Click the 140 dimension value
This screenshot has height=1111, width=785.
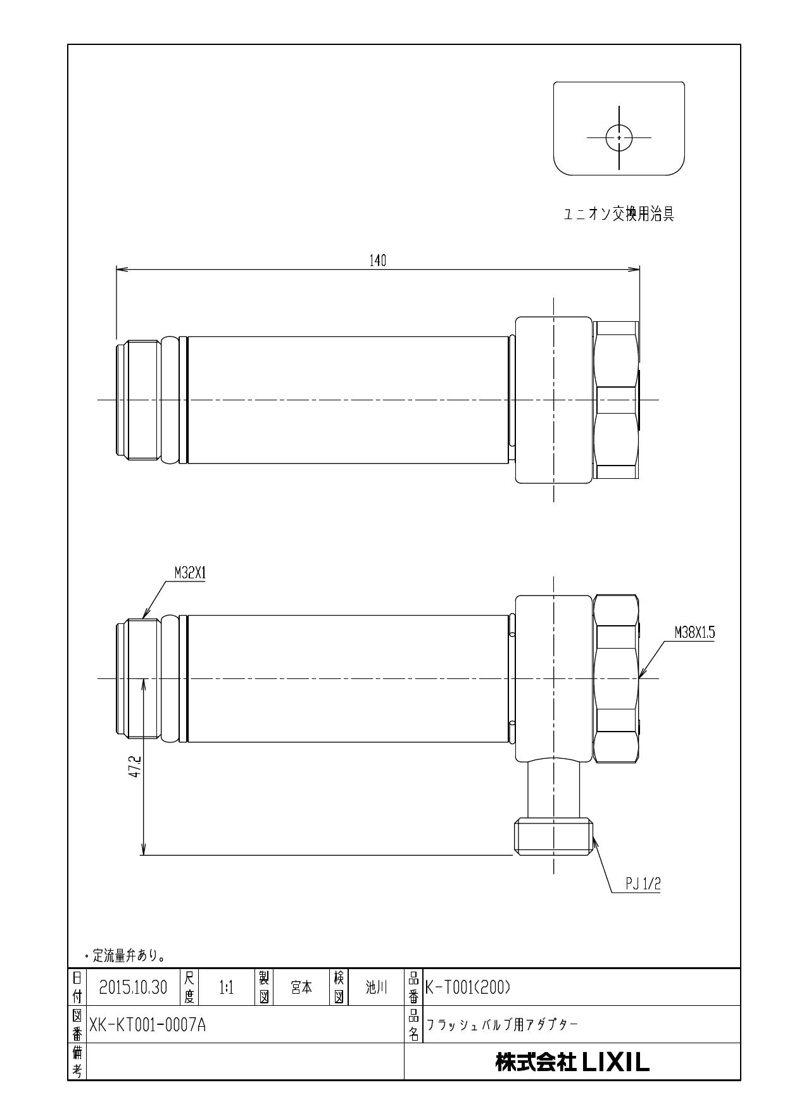tap(377, 260)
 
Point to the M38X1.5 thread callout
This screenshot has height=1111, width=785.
tap(694, 632)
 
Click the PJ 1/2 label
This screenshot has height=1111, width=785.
tap(643, 885)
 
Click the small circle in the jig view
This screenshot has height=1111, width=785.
tap(619, 137)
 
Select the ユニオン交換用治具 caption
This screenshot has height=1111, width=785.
tap(619, 215)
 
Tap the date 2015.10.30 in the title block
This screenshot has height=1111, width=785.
tap(133, 987)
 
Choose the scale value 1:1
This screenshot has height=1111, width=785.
tap(226, 987)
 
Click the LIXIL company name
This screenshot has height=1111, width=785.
tap(572, 1062)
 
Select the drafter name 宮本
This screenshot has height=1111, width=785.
tap(301, 987)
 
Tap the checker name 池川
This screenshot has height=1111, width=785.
tap(377, 987)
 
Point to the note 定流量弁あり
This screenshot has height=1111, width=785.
tap(127, 955)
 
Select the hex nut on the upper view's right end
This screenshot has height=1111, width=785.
tap(616, 399)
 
